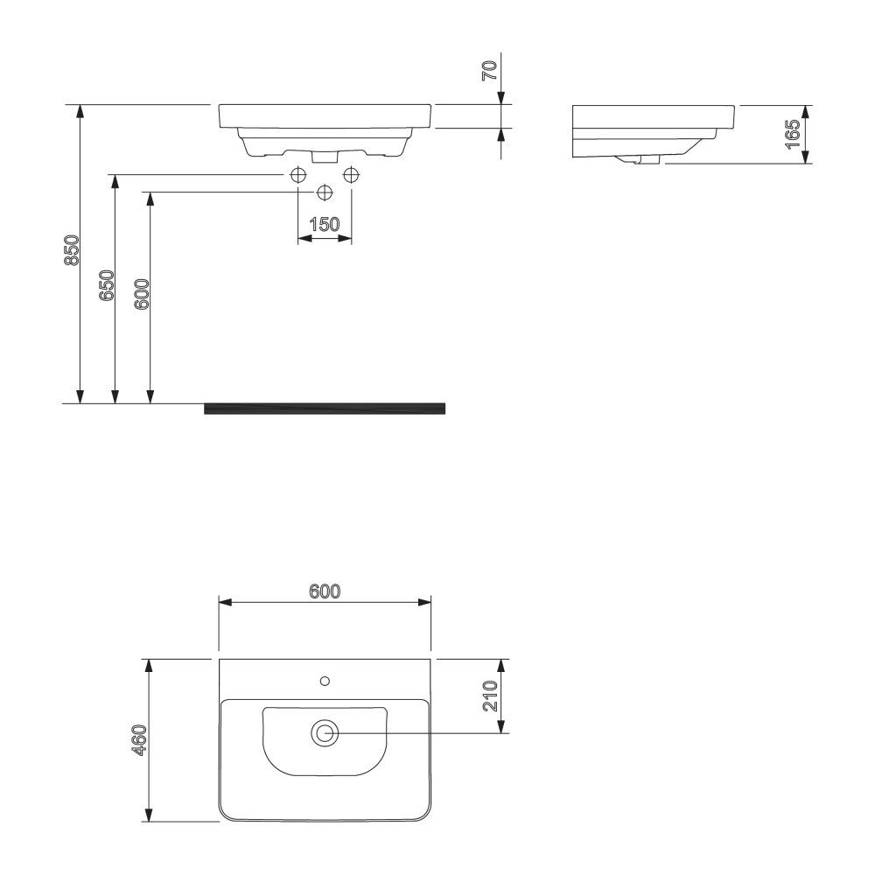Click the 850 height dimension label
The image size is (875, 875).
pyautogui.click(x=73, y=251)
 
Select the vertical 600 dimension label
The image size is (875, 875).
pyautogui.click(x=143, y=295)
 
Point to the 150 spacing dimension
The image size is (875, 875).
pyautogui.click(x=324, y=224)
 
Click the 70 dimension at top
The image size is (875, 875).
pyautogui.click(x=492, y=71)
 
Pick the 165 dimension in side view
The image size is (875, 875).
pyautogui.click(x=794, y=135)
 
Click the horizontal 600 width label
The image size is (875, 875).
pyautogui.click(x=324, y=591)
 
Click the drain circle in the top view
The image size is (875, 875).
pyautogui.click(x=325, y=733)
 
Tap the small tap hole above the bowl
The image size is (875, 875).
pyautogui.click(x=325, y=680)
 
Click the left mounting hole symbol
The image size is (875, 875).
pyautogui.click(x=297, y=175)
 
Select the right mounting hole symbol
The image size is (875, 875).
pyautogui.click(x=352, y=175)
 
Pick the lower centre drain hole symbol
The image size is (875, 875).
pyautogui.click(x=325, y=192)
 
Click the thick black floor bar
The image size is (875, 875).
pyautogui.click(x=324, y=408)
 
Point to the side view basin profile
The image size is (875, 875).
pyautogui.click(x=652, y=131)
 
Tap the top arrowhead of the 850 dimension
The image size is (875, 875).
pyautogui.click(x=80, y=110)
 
